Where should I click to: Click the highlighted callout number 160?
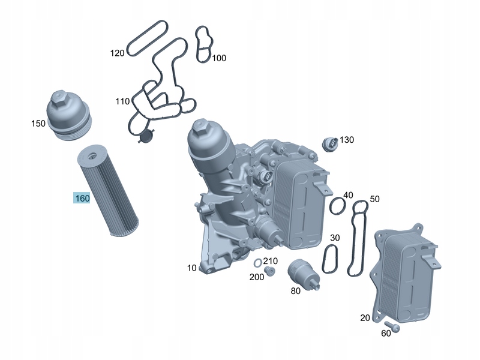point(82,199)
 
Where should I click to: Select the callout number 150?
point(38,124)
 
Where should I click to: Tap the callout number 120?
point(117,53)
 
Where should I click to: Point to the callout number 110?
point(122,101)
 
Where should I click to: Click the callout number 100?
point(219,58)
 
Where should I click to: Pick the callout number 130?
point(347,140)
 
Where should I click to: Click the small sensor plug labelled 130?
point(331,143)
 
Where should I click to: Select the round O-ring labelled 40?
point(338,206)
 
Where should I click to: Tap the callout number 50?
point(374,199)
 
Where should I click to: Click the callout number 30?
point(335,238)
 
